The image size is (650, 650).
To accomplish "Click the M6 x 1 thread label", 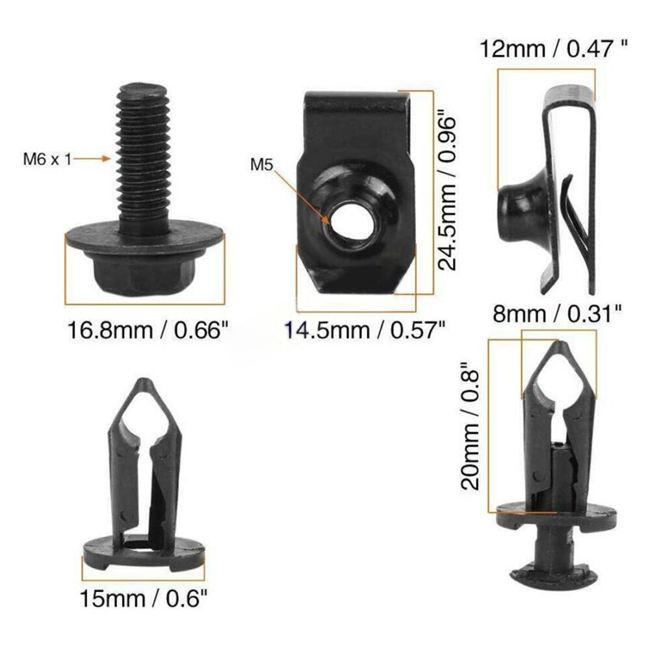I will tap(47, 158).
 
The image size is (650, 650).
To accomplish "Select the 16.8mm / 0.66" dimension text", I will tap(149, 330).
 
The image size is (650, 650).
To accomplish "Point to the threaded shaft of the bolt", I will tap(144, 156).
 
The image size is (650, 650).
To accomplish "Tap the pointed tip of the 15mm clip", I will tap(142, 387).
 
